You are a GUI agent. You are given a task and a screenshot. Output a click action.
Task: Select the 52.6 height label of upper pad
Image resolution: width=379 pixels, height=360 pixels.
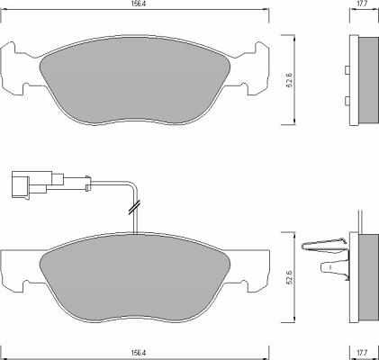point(290,80)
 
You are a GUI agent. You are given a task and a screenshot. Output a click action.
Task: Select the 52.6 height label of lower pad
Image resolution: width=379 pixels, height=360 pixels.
point(290,277)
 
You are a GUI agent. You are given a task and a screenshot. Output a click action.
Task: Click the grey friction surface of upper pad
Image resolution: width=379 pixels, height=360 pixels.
point(135,80)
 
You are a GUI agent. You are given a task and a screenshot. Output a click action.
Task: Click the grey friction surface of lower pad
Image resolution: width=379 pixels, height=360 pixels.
point(135,277)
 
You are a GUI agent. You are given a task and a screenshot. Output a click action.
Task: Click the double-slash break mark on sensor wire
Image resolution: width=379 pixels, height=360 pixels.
point(134,208)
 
